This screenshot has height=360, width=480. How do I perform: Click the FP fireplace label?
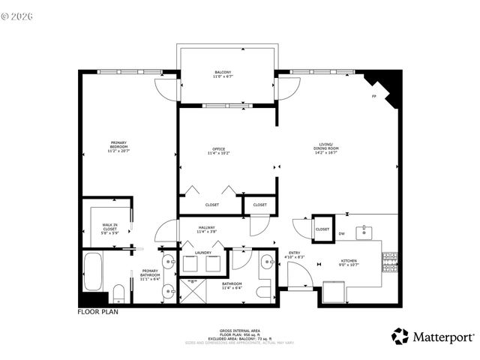(373, 97)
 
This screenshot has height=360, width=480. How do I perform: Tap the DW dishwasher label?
(341, 234)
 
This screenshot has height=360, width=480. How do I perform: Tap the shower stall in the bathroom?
(192, 291)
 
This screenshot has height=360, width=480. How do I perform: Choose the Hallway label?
(207, 229)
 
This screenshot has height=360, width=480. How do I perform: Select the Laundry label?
(203, 253)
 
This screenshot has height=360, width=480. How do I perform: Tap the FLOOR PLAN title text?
(98, 310)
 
